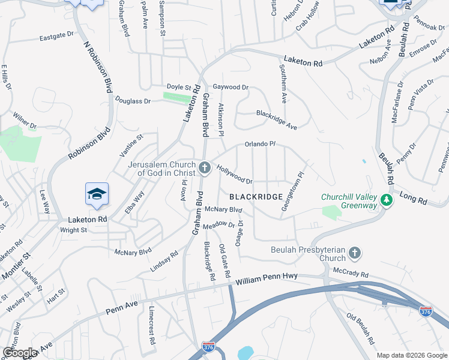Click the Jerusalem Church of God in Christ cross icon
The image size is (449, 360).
(x=205, y=167)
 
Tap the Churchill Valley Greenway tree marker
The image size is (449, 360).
(x=387, y=200)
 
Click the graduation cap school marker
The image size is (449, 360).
(x=97, y=194)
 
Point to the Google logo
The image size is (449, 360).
(x=20, y=352)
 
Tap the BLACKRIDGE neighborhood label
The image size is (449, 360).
(x=255, y=197)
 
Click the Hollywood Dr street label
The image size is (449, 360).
(x=234, y=175)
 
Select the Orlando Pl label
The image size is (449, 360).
(x=260, y=145)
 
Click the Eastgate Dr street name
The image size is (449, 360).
(x=56, y=37)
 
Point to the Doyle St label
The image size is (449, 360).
(x=178, y=87)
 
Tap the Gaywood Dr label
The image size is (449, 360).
(x=231, y=88)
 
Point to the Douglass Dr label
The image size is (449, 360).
(x=133, y=101)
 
